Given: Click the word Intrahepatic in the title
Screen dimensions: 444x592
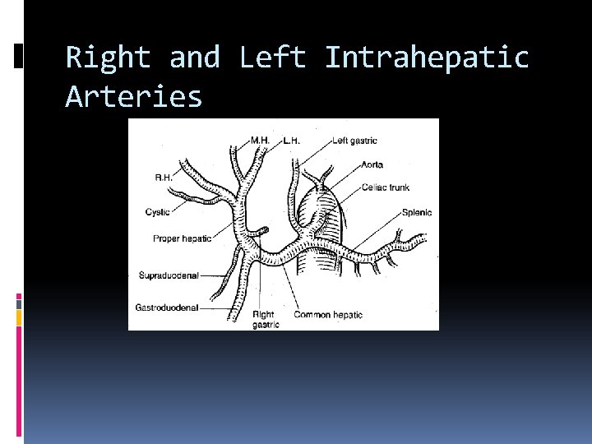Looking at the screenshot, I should coord(427,58).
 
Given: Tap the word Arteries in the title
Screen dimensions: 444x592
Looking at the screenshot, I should coord(133,97).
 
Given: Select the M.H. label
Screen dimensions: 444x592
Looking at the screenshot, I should coord(260,141).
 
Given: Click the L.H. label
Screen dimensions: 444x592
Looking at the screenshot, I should coord(291,141).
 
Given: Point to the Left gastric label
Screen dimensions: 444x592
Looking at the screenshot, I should coord(355,141).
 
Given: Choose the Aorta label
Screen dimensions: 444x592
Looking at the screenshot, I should coord(372,164).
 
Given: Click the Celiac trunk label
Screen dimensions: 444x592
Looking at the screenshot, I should coord(385,187).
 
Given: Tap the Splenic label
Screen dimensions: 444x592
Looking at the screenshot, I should coord(417,213).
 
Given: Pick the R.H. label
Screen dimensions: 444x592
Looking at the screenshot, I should coord(164,177).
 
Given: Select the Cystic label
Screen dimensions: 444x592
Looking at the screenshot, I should coord(157,212).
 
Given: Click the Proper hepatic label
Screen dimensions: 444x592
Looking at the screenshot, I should coord(182,238).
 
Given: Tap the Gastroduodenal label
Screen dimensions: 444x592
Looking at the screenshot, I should coord(167,308).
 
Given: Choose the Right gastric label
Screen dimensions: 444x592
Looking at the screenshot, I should coord(265,319).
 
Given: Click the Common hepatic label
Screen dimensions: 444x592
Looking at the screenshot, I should coord(327,315).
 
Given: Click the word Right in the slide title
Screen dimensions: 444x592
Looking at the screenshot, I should coord(108,58).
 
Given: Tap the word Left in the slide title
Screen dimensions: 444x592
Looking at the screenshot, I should coord(272,58).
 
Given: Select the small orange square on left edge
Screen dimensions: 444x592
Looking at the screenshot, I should coord(19,316).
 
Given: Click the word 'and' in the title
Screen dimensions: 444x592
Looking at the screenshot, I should coord(195,58).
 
